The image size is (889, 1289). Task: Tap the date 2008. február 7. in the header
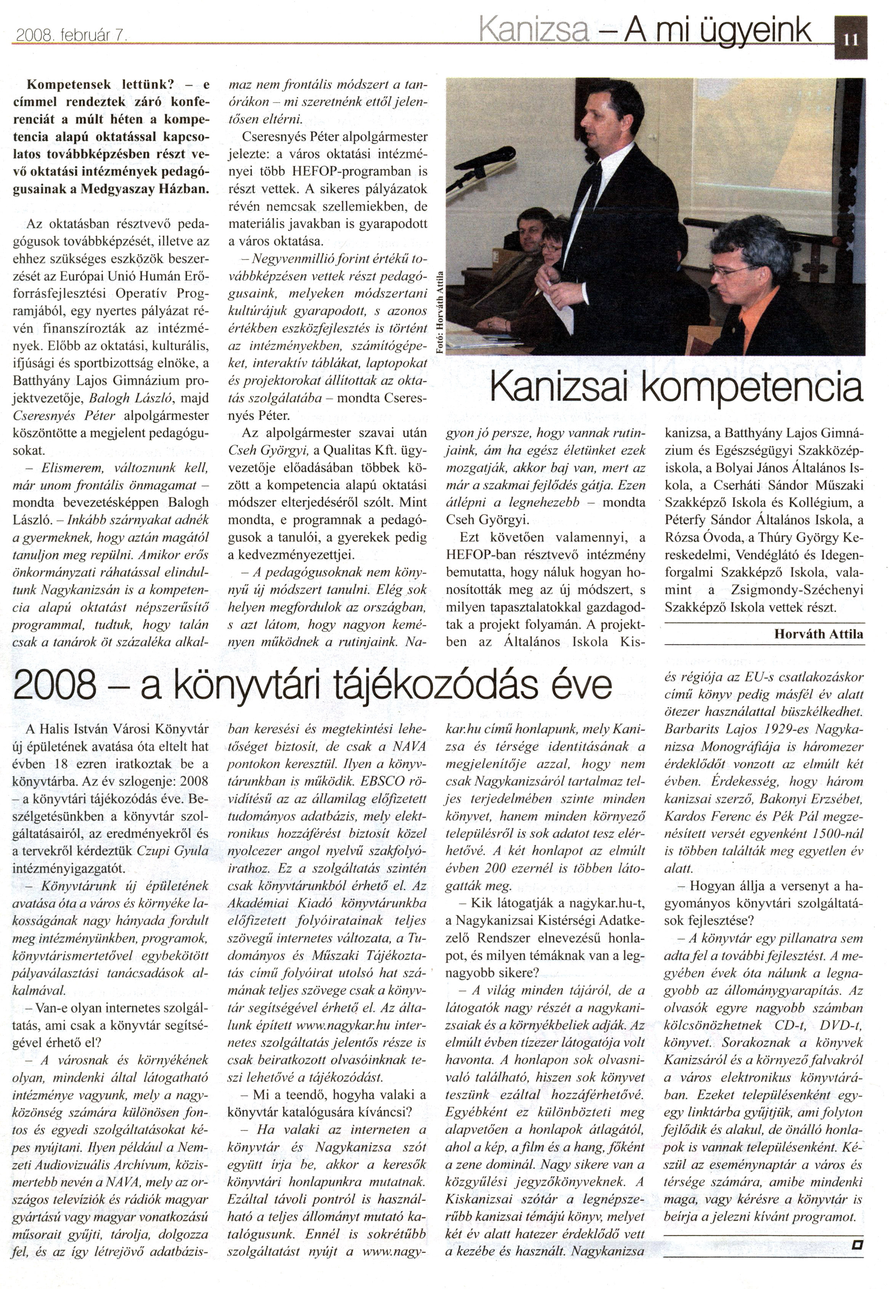pyautogui.click(x=72, y=36)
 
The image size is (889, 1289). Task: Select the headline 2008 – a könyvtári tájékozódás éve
pyautogui.click(x=312, y=685)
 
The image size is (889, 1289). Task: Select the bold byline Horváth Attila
pyautogui.click(x=819, y=634)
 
